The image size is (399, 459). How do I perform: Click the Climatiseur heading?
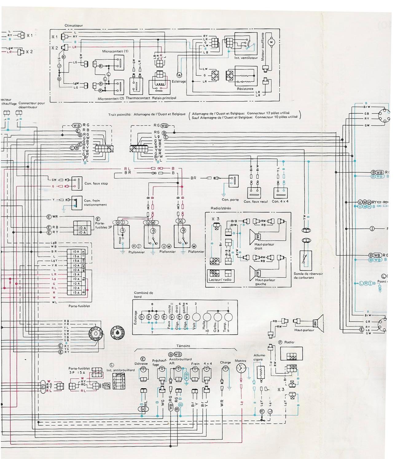tap(73, 25)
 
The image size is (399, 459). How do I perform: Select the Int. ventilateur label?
tap(246, 58)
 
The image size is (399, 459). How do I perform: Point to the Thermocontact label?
tap(138, 98)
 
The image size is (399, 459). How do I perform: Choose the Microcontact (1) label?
tap(115, 51)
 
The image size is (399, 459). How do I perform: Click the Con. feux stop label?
tap(96, 183)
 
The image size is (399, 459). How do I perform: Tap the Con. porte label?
tap(230, 200)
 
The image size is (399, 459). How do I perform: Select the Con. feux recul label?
tap(256, 202)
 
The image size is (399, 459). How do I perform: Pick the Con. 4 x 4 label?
tap(280, 202)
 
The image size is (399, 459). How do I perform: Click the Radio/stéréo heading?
tap(221, 208)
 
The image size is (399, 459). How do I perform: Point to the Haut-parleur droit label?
tap(264, 246)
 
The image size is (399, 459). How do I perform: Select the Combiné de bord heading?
tap(143, 295)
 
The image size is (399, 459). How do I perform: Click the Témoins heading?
tap(183, 346)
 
